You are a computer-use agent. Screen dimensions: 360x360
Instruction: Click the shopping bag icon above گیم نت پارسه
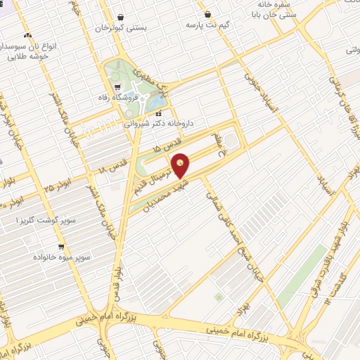tap(207, 14)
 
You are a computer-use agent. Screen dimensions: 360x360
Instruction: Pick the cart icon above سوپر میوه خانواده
tap(61, 247)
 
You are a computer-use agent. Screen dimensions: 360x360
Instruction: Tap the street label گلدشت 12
tap(337, 291)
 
